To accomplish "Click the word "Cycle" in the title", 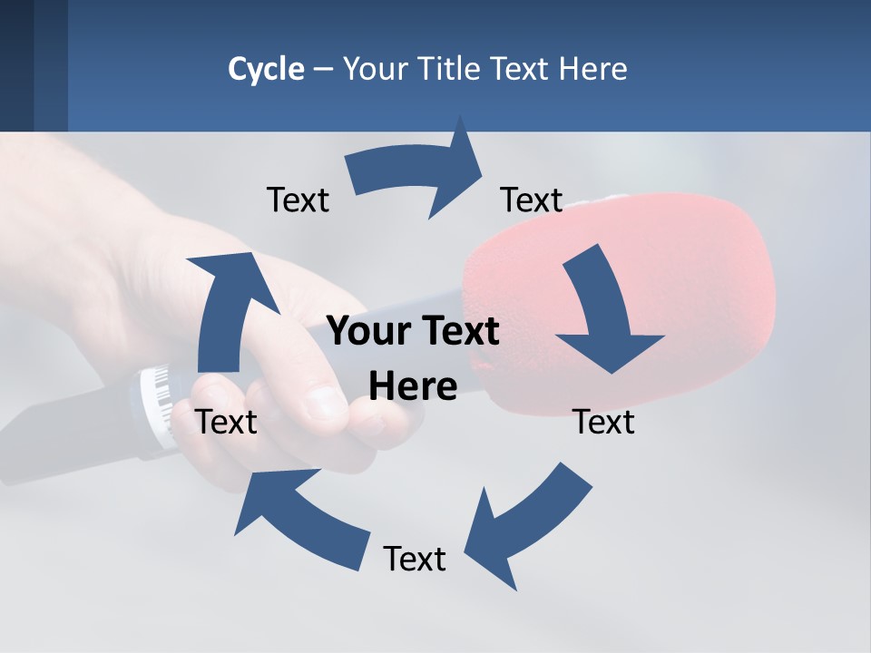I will tap(266, 69).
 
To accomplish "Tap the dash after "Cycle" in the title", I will tap(323, 70).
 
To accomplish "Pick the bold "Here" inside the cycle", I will tap(413, 387).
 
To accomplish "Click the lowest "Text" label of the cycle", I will tap(415, 560).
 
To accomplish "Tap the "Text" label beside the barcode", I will tap(227, 422).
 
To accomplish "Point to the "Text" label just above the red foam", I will tap(532, 200).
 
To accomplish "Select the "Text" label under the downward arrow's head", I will tap(603, 422).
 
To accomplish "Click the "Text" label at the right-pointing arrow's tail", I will tap(298, 200).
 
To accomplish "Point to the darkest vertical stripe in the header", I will tap(16, 65).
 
